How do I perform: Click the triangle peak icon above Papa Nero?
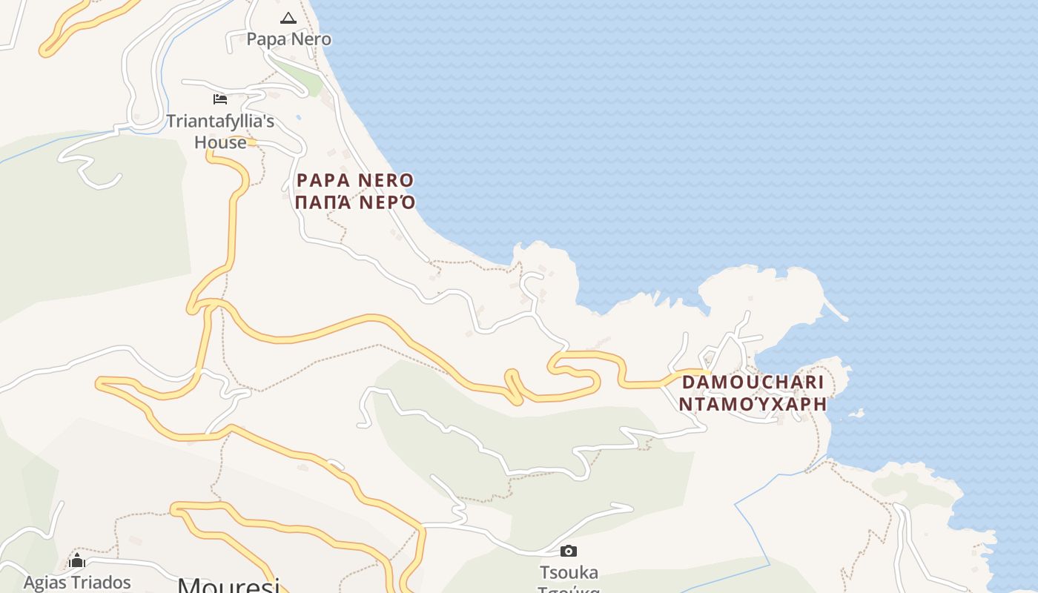[x=288, y=18]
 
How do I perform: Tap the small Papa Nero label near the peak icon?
[x=288, y=39]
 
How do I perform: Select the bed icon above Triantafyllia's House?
[x=220, y=99]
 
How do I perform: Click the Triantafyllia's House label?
[x=220, y=131]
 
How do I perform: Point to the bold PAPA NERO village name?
[x=355, y=180]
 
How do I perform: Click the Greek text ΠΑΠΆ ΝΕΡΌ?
[x=355, y=202]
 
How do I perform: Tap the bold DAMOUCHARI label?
[x=753, y=382]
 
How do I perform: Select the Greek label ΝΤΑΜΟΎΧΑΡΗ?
[x=753, y=404]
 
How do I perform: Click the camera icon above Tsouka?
[x=569, y=551]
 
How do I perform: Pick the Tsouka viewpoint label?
[x=569, y=572]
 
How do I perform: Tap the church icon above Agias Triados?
[x=77, y=560]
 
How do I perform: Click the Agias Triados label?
[x=77, y=583]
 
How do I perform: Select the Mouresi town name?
[x=228, y=586]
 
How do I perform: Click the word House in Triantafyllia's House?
[x=220, y=142]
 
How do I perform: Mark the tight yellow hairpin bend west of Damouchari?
[x=513, y=385]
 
